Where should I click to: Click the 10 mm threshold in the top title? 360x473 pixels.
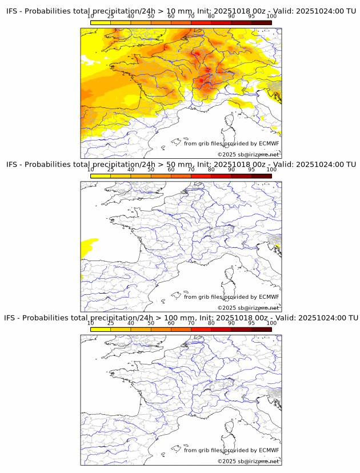pyautogui.click(x=171, y=11)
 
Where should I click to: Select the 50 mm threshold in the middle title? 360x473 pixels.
pyautogui.click(x=171, y=165)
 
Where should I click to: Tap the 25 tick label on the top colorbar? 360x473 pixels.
pyautogui.click(x=110, y=17)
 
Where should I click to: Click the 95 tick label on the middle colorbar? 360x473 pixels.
pyautogui.click(x=251, y=170)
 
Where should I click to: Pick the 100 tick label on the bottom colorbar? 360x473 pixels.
pyautogui.click(x=271, y=323)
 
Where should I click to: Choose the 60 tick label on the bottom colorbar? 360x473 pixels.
pyautogui.click(x=171, y=323)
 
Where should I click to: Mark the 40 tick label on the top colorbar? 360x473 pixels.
pyautogui.click(x=131, y=17)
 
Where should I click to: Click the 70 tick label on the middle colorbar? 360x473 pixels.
pyautogui.click(x=191, y=170)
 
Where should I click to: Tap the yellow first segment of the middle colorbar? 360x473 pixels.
pyautogui.click(x=101, y=176)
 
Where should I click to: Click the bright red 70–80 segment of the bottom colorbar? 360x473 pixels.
pyautogui.click(x=201, y=329)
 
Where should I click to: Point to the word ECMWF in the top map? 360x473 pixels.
pyautogui.click(x=269, y=144)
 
